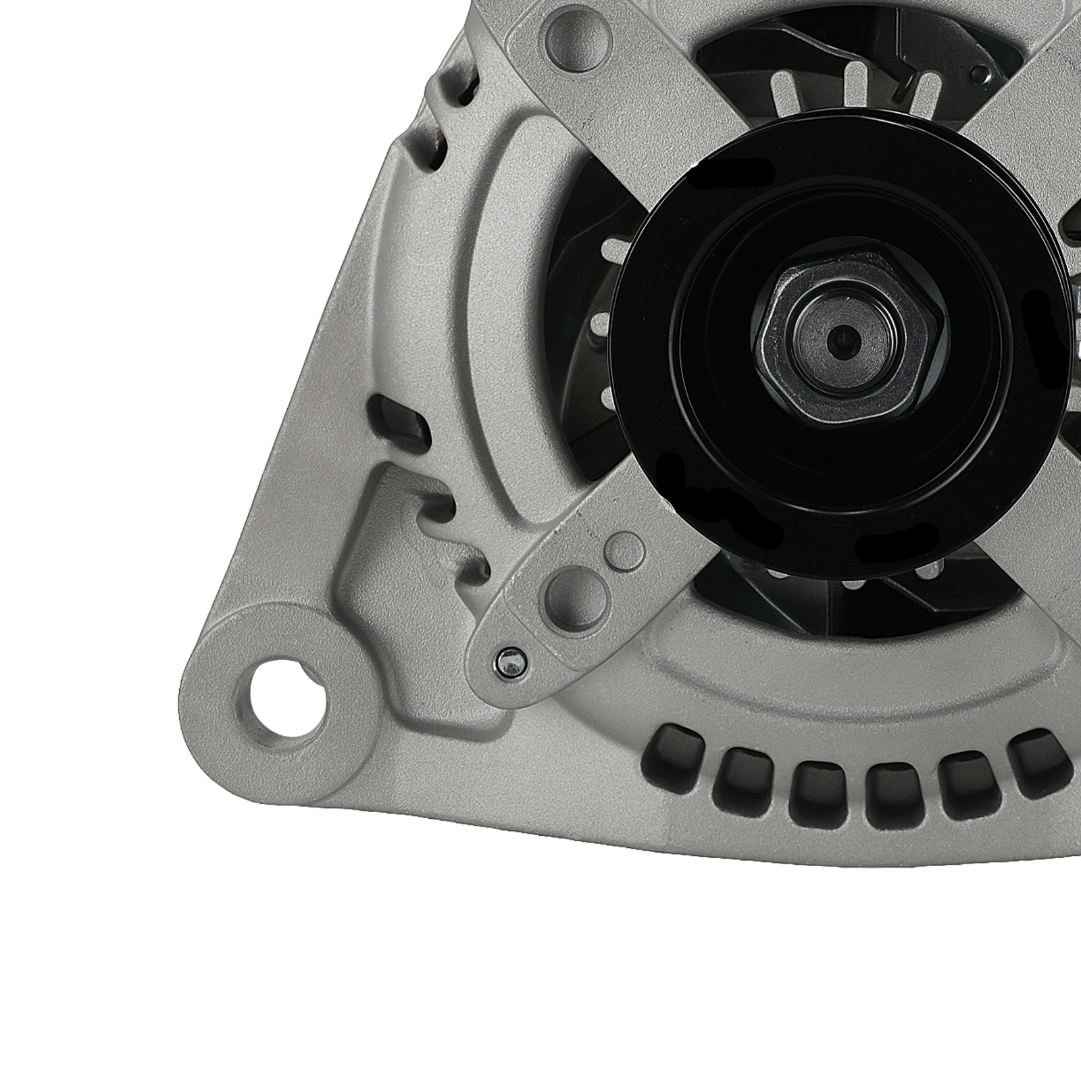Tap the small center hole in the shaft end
pos(843,337)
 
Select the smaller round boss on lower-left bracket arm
pos(626,549)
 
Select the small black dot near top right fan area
pos(978,70)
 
